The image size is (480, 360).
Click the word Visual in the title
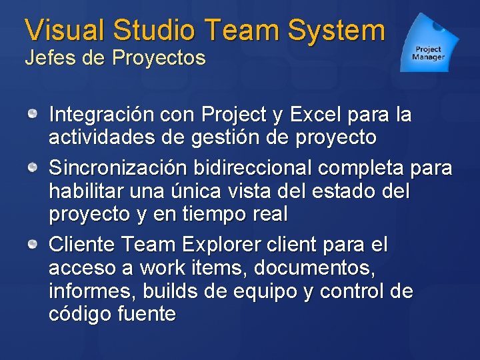(x=65, y=30)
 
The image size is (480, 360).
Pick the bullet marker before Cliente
(x=32, y=246)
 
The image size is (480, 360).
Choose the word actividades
(x=97, y=138)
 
